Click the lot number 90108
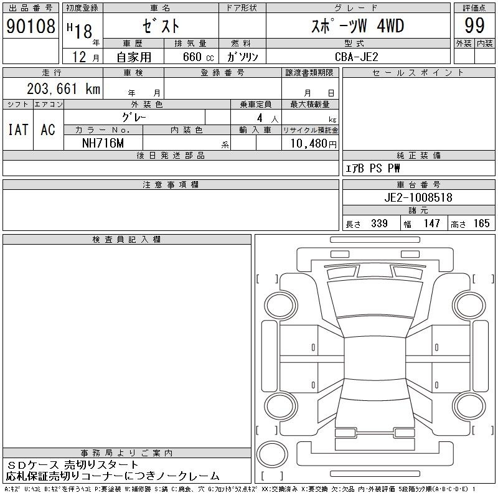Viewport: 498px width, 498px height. click(x=31, y=26)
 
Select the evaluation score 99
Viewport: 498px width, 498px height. click(x=474, y=26)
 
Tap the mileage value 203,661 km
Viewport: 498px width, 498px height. click(x=63, y=89)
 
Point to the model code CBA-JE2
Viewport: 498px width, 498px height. click(x=357, y=57)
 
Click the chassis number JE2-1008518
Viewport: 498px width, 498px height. click(x=418, y=197)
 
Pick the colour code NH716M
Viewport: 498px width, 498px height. click(x=103, y=143)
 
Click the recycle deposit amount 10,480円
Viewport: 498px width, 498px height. click(x=313, y=144)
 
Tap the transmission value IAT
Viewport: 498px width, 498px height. click(x=19, y=129)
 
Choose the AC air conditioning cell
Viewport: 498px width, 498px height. click(x=48, y=129)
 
